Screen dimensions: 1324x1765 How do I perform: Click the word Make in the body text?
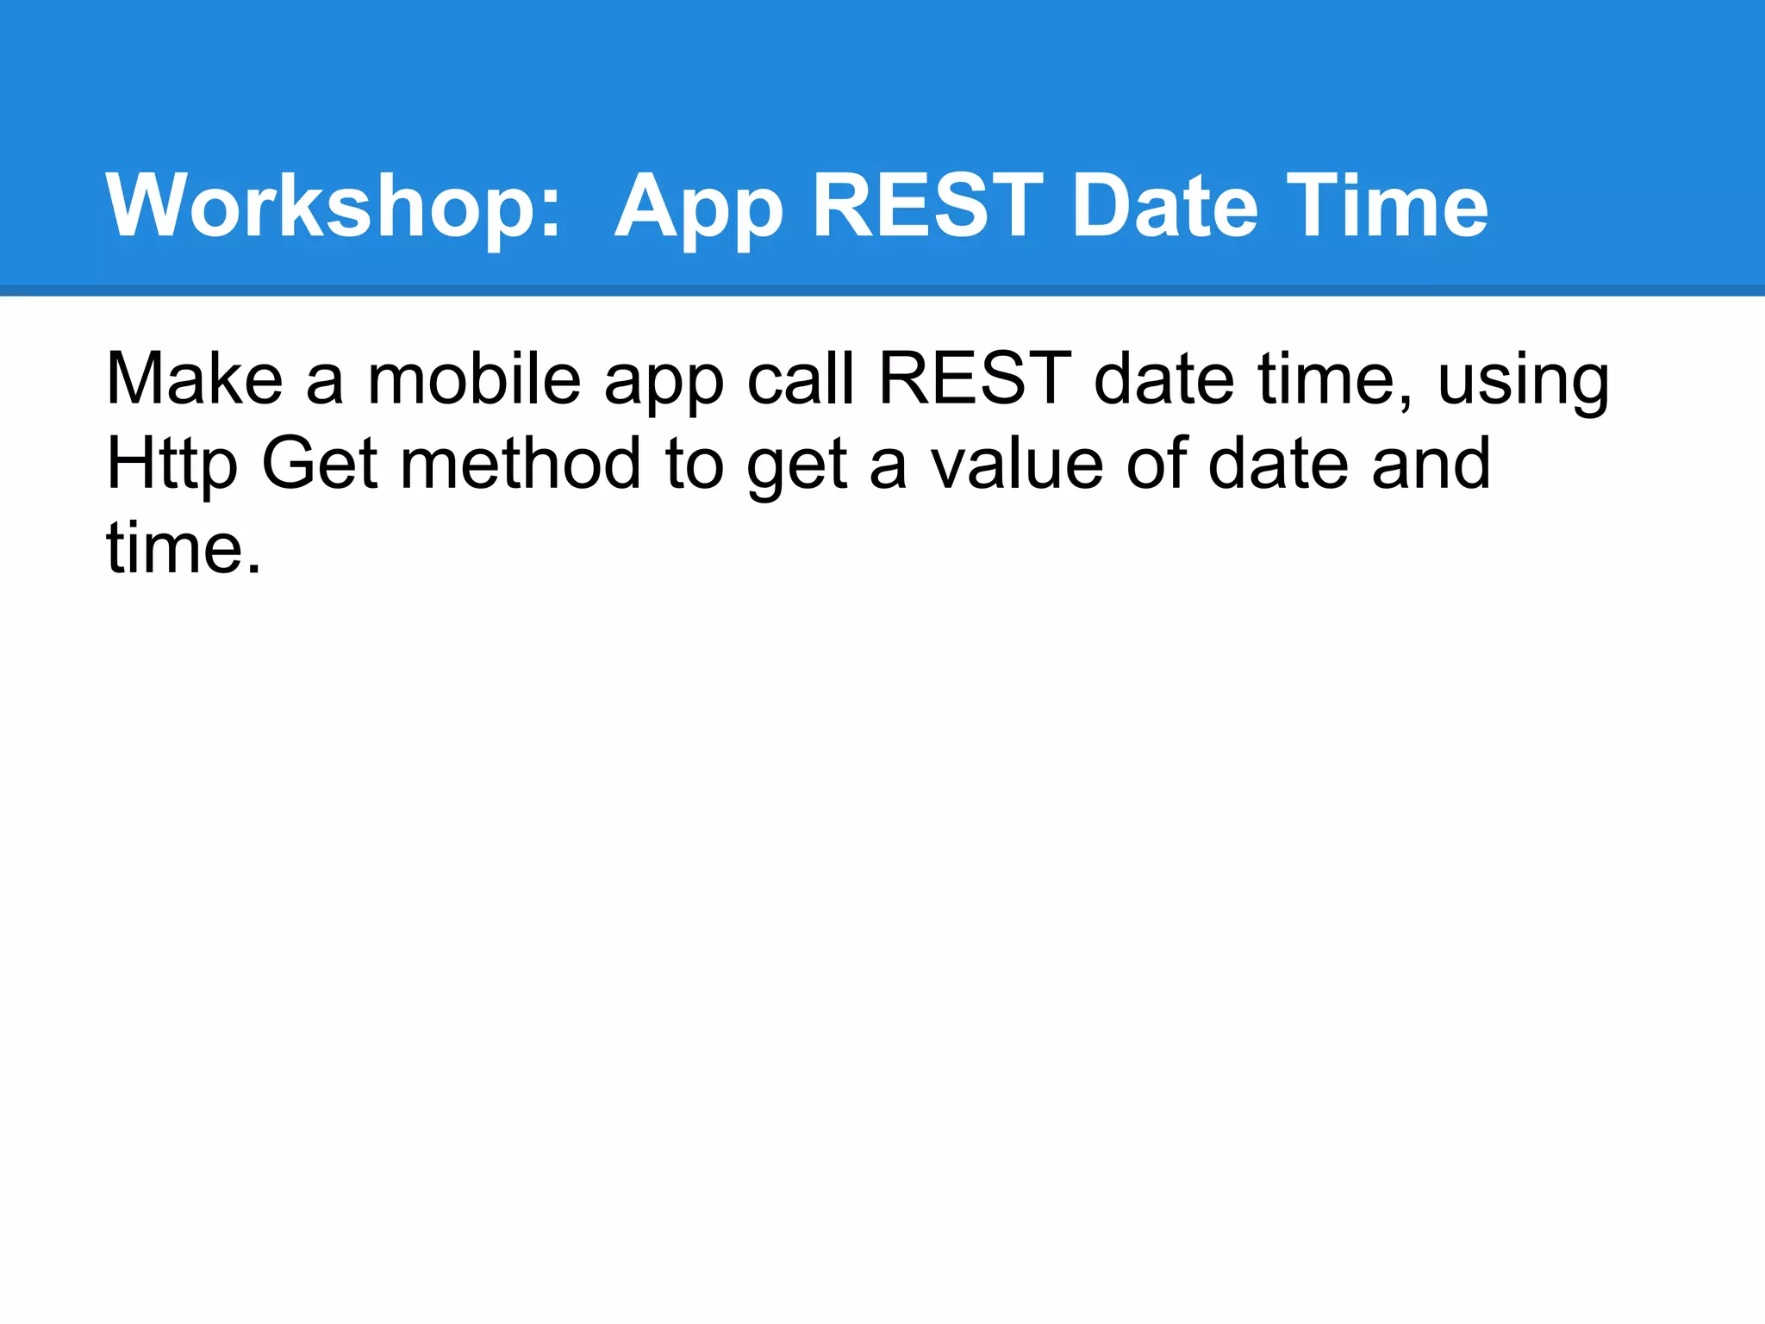point(194,378)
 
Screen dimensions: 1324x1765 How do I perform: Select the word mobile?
point(475,378)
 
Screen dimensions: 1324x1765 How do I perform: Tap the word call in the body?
point(801,378)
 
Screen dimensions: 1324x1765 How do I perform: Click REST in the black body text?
point(974,378)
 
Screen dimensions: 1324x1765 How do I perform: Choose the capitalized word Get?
point(320,463)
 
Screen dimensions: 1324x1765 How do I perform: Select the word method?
point(521,463)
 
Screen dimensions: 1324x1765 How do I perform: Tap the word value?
point(1018,463)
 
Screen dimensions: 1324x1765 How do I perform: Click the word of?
point(1156,463)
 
